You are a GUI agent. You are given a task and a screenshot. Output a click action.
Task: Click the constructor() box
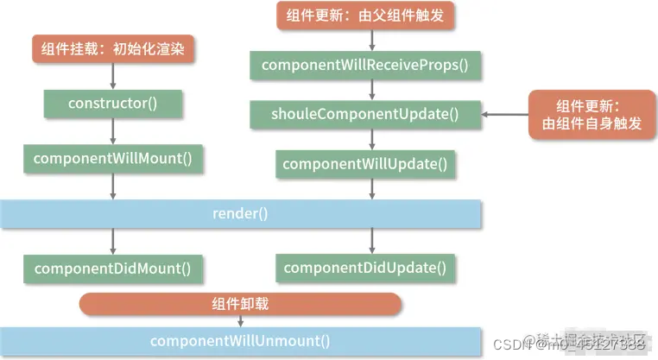point(112,104)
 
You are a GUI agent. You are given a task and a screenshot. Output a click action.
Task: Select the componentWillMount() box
point(112,159)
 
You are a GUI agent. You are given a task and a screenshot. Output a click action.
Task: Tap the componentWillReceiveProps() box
point(366,65)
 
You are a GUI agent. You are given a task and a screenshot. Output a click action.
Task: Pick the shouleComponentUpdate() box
point(366,113)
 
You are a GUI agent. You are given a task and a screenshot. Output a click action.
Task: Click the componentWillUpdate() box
point(366,163)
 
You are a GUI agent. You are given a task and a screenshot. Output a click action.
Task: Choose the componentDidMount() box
point(112,268)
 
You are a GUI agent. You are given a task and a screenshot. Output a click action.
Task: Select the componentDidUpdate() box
point(366,268)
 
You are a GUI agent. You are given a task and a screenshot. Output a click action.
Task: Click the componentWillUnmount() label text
point(240,340)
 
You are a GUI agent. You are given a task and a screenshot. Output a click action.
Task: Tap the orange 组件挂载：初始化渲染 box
point(112,48)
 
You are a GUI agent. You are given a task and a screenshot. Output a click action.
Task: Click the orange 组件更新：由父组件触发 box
point(366,15)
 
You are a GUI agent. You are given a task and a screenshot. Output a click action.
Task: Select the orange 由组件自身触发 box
point(587,115)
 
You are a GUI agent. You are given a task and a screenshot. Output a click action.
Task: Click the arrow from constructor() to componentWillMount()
point(112,131)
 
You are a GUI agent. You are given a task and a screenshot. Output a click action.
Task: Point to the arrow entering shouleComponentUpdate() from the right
point(505,114)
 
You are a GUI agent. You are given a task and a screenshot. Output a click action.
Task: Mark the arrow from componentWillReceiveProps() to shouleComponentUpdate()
point(371,89)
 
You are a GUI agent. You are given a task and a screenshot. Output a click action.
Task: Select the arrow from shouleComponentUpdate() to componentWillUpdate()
point(371,138)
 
